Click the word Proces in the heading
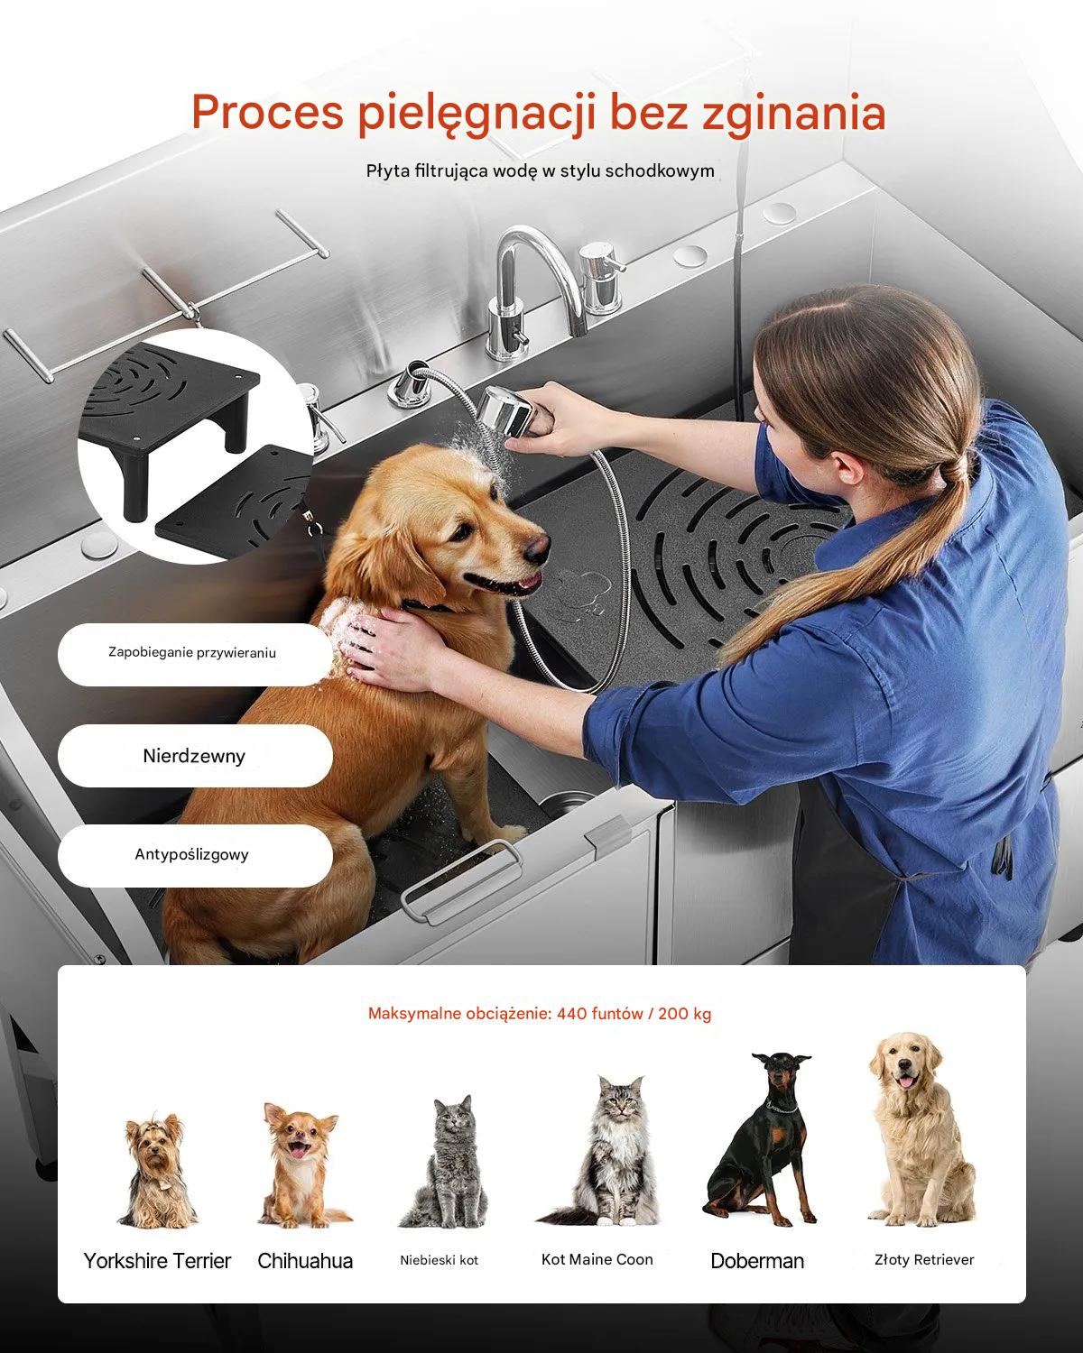[x=267, y=112]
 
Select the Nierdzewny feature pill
[x=195, y=756]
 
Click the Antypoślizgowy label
[x=192, y=854]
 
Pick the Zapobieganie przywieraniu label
[x=192, y=653]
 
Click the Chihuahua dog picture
[x=303, y=1165]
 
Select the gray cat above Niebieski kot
[x=444, y=1162]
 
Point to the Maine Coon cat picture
[x=604, y=1151]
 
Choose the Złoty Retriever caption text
[x=924, y=1259]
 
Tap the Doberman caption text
[x=757, y=1261]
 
